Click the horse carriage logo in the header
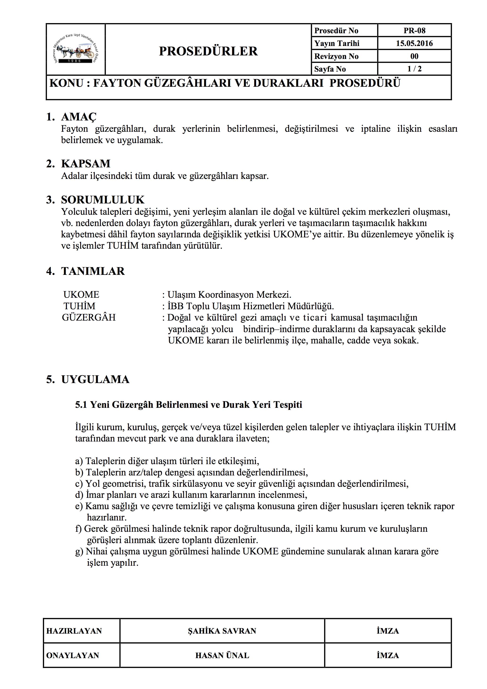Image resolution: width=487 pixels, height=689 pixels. [76, 50]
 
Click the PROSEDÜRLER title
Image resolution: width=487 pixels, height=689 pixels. [208, 51]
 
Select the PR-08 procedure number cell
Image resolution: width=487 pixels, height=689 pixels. [414, 31]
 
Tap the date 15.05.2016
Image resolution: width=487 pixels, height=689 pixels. [414, 43]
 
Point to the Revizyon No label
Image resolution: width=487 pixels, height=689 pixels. [336, 56]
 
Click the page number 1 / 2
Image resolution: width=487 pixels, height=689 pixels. [414, 69]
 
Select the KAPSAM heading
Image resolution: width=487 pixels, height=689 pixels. [86, 164]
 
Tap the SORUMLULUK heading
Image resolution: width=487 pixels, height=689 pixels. [102, 200]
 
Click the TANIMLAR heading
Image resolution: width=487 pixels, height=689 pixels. [93, 271]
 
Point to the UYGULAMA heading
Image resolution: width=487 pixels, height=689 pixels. [95, 379]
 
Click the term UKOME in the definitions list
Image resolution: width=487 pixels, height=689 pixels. [81, 294]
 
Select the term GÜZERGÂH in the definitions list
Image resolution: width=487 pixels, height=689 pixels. [89, 317]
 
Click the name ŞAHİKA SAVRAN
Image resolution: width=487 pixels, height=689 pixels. [222, 631]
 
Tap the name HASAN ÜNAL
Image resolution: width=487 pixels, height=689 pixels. [222, 655]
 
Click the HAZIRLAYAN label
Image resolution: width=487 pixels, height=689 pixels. [74, 631]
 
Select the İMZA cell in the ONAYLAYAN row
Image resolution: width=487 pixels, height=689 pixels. [388, 655]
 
